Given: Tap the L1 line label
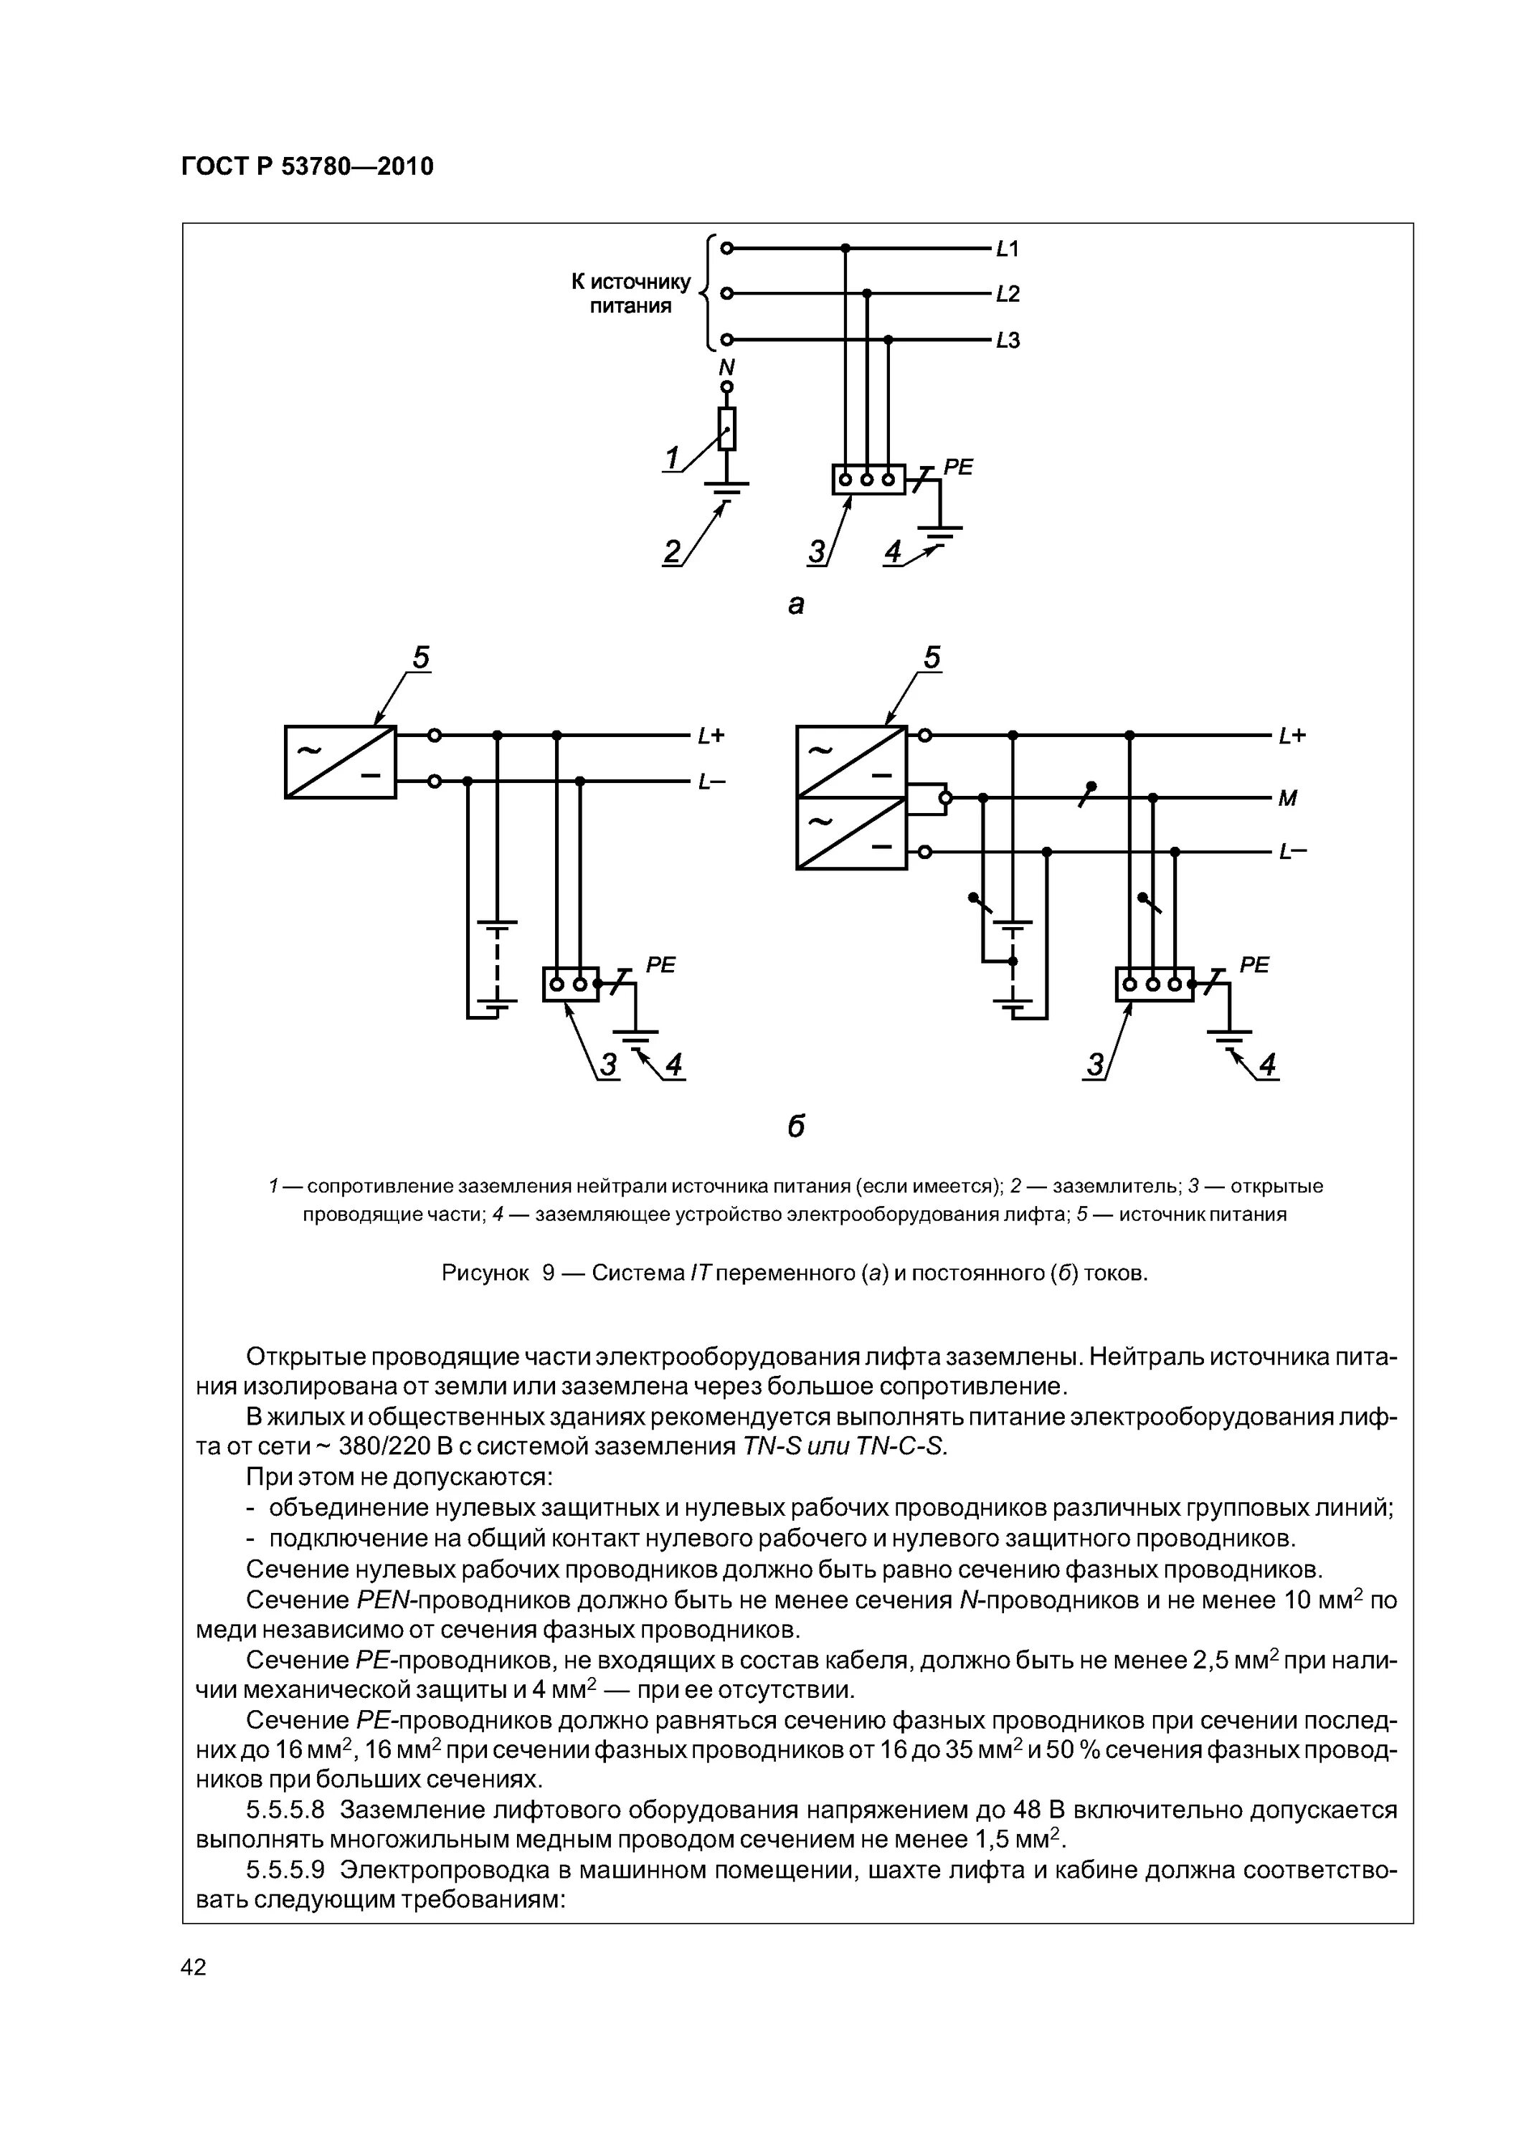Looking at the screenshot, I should pyautogui.click(x=1008, y=250).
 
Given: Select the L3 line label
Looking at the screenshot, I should pyautogui.click(x=1008, y=340).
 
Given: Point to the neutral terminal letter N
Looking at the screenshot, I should pyautogui.click(x=725, y=366).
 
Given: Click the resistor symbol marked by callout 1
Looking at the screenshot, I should pyautogui.click(x=726, y=429).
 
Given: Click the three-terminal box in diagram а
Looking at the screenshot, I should pyautogui.click(x=868, y=480).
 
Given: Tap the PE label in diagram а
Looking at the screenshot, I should pyautogui.click(x=958, y=467).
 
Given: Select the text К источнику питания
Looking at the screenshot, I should pyautogui.click(x=631, y=293).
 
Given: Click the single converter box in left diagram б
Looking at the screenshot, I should pyautogui.click(x=340, y=761).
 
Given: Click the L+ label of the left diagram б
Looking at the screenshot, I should pyautogui.click(x=711, y=736).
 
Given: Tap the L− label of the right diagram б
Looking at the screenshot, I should pyautogui.click(x=1292, y=852).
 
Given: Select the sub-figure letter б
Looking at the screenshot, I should pyautogui.click(x=796, y=1126).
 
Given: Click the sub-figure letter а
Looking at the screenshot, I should pyautogui.click(x=796, y=606).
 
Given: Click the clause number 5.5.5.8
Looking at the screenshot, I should pyautogui.click(x=285, y=1809).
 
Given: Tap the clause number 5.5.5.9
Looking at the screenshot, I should pyautogui.click(x=285, y=1870).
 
